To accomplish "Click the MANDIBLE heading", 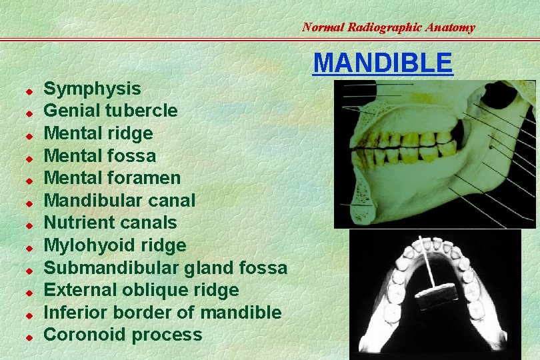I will pos(383,62).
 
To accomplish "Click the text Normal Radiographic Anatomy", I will pos(388,27).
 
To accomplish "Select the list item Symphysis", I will pos(92,89).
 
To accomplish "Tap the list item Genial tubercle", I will pos(110,111).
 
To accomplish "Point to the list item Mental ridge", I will pos(98,133).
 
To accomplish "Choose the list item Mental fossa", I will pos(99,156).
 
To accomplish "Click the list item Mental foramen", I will pos(111,178).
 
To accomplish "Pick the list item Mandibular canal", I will pos(119,200).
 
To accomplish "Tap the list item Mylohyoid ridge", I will pos(115,245).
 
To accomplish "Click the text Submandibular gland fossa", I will pos(165,268).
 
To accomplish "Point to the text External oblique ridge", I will pos(141,290).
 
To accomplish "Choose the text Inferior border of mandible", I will pos(162,312).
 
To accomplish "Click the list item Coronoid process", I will pos(123,335).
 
